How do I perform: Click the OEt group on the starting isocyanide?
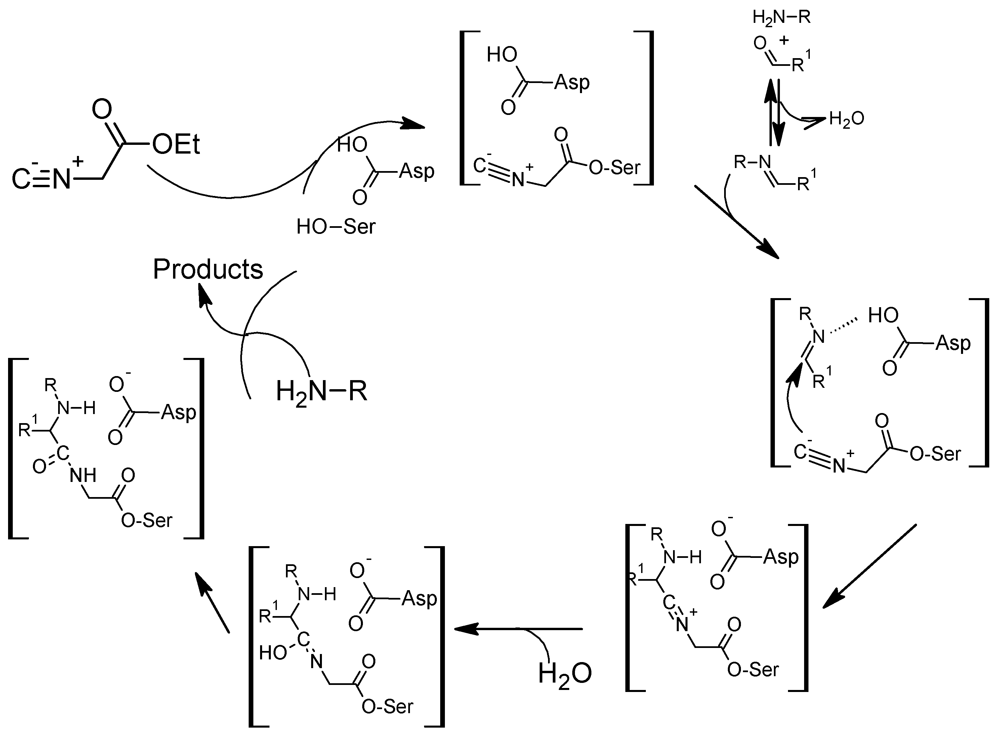coord(176,145)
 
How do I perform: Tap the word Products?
coord(208,269)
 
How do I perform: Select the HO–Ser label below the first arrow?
coord(336,227)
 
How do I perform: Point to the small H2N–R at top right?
coord(782,18)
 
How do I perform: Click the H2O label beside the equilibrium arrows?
coord(846,119)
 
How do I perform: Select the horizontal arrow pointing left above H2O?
coord(518,629)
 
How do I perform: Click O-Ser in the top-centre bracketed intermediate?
coord(614,168)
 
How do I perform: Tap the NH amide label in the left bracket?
coord(83,476)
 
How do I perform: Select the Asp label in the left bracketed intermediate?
coord(178,412)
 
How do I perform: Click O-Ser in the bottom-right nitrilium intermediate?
coord(753,669)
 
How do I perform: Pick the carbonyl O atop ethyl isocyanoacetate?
coord(102,109)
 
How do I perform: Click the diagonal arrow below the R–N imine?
coord(736,222)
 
